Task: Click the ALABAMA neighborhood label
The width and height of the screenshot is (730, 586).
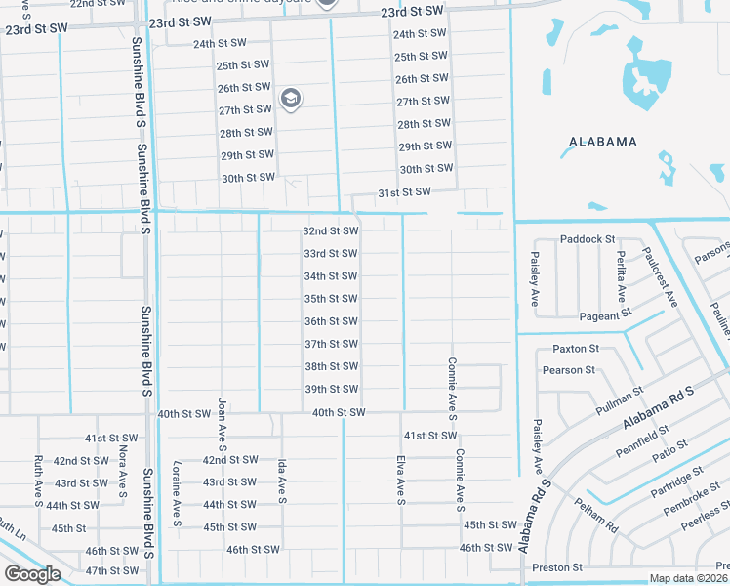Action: tap(603, 142)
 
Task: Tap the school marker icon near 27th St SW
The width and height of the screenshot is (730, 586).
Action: tap(290, 98)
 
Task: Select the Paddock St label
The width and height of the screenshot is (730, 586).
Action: tap(588, 239)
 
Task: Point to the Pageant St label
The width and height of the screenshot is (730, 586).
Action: tap(599, 316)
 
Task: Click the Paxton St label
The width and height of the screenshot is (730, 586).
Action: tap(575, 349)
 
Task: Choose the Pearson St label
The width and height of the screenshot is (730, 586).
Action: tap(570, 370)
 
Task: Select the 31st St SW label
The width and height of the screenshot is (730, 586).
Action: tap(403, 192)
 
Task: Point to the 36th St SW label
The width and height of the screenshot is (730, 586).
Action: tap(331, 321)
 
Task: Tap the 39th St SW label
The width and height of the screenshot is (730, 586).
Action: tap(331, 389)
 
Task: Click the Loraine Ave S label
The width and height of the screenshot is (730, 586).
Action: tap(177, 493)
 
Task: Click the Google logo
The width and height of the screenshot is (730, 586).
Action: tap(32, 574)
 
